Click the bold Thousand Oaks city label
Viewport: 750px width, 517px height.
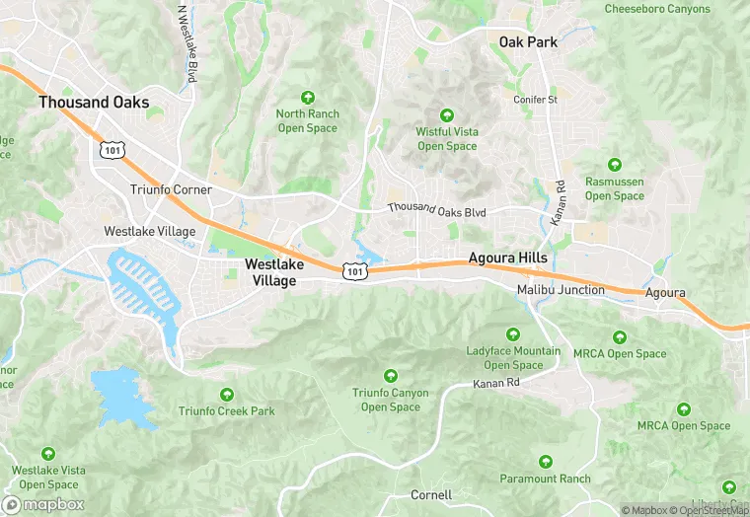(x=94, y=102)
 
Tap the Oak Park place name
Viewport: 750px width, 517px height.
(x=528, y=42)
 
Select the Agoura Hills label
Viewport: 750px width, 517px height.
(x=507, y=258)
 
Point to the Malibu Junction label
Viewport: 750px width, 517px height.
(x=561, y=289)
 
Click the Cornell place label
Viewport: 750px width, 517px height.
(x=431, y=494)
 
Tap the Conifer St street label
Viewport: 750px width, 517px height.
(x=536, y=100)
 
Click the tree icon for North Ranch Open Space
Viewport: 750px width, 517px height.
(x=308, y=97)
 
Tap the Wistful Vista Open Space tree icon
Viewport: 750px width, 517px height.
(x=446, y=115)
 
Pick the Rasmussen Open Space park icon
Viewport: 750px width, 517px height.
(x=615, y=165)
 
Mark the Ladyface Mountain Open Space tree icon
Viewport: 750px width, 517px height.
(x=513, y=334)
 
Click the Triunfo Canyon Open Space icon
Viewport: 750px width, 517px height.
(x=391, y=376)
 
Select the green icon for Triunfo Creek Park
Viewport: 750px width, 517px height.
(x=227, y=395)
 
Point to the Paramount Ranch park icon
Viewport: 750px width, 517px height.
(x=545, y=462)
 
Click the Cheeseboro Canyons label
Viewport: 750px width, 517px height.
(x=657, y=9)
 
